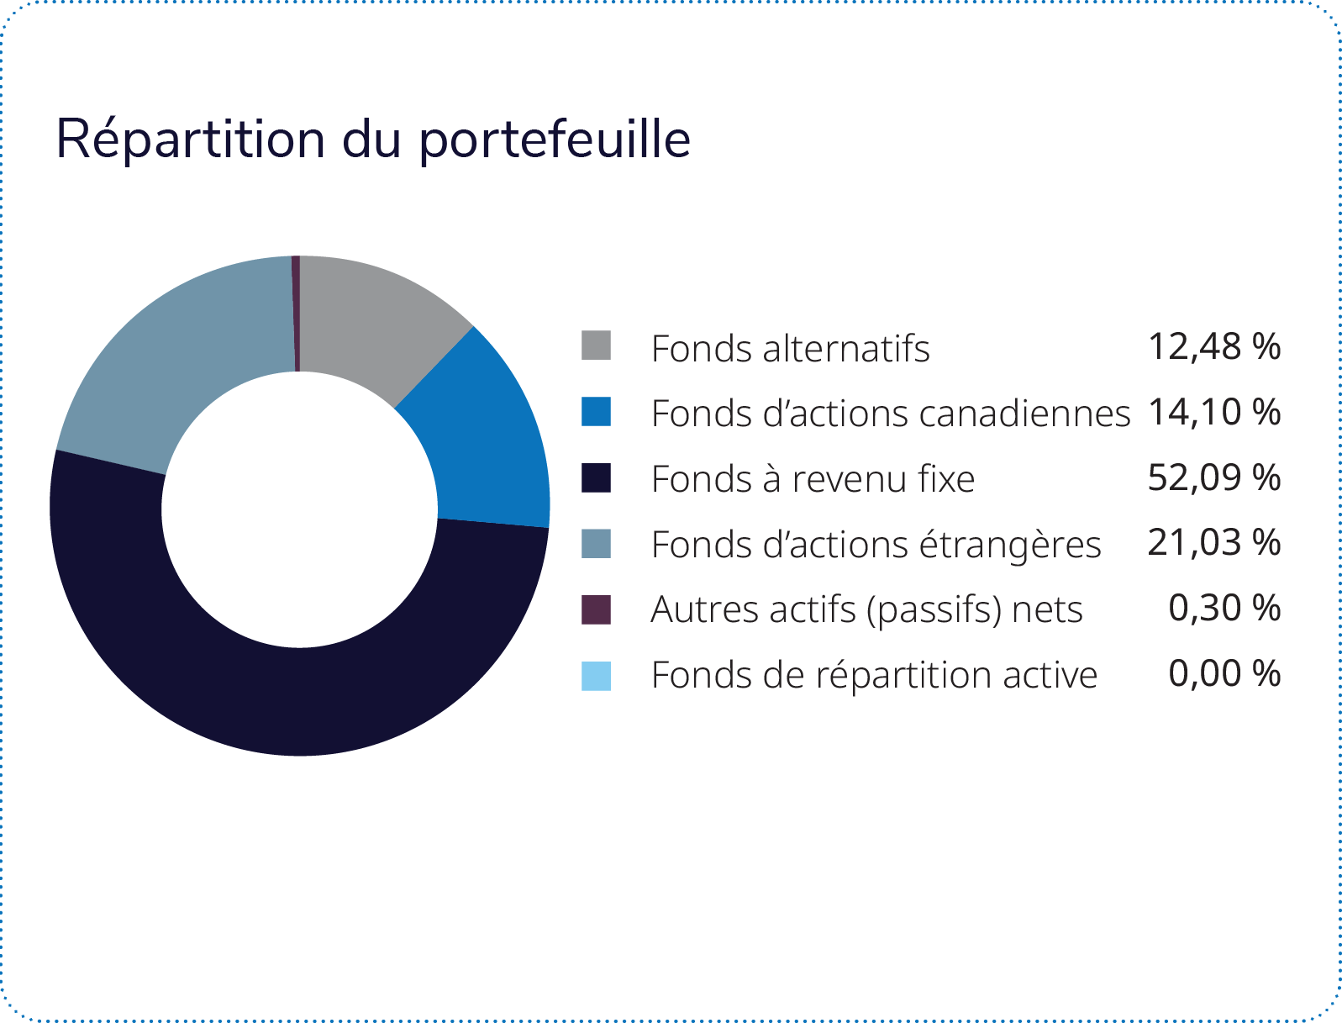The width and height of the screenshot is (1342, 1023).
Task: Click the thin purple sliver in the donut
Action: tap(296, 313)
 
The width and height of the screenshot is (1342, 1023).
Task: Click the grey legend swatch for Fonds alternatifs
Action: tap(596, 345)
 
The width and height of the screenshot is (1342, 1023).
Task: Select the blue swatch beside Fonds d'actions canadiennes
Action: tap(596, 412)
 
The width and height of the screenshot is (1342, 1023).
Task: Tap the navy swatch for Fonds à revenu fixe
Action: tap(596, 477)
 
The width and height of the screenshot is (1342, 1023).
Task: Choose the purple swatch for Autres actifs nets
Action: tap(596, 609)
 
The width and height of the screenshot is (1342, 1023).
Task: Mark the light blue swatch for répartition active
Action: tap(596, 676)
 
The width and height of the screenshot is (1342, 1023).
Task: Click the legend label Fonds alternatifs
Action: tap(791, 348)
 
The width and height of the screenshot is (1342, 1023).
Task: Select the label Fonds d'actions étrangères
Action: tap(876, 544)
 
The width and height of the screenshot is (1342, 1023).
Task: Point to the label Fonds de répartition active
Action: tap(874, 676)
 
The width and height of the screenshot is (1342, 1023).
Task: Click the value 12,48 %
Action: tap(1214, 346)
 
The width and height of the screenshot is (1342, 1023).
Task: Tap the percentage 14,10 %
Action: tap(1214, 412)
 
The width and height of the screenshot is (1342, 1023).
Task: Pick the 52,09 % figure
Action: tap(1214, 477)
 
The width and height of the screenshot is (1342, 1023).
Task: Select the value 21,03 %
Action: tap(1214, 542)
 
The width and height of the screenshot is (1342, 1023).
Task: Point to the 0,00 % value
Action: tap(1224, 673)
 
